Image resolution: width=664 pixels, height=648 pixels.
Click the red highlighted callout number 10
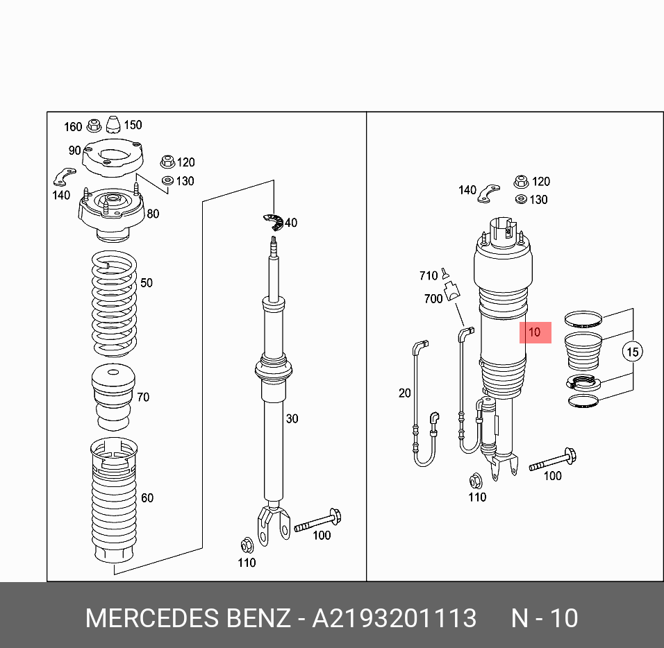pyautogui.click(x=535, y=332)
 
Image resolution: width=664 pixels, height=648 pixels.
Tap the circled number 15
pyautogui.click(x=632, y=352)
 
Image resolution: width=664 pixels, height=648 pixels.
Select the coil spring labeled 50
pyautogui.click(x=115, y=304)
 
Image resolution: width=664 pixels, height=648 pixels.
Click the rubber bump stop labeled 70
pyautogui.click(x=113, y=397)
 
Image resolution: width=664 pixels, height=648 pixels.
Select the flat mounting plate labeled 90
pyautogui.click(x=113, y=157)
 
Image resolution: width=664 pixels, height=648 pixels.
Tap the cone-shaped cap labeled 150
pyautogui.click(x=113, y=124)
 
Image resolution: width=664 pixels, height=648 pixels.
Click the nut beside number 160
pyautogui.click(x=94, y=126)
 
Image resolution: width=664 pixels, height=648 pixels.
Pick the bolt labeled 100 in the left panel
pyautogui.click(x=318, y=520)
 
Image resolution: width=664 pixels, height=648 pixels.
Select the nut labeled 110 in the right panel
pyautogui.click(x=476, y=481)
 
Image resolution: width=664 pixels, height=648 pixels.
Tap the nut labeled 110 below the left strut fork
pyautogui.click(x=247, y=545)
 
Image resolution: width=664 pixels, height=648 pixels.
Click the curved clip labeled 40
pyautogui.click(x=273, y=223)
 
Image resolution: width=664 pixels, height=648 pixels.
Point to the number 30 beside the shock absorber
pyautogui.click(x=292, y=418)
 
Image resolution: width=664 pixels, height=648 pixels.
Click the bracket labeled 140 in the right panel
pyautogui.click(x=489, y=194)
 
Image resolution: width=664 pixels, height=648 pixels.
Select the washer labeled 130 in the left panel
pyautogui.click(x=167, y=180)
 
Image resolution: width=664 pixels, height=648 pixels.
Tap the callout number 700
pyautogui.click(x=433, y=298)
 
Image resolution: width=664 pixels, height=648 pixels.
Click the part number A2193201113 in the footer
pyautogui.click(x=395, y=618)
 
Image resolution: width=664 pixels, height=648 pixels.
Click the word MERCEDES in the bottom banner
pyautogui.click(x=152, y=618)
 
